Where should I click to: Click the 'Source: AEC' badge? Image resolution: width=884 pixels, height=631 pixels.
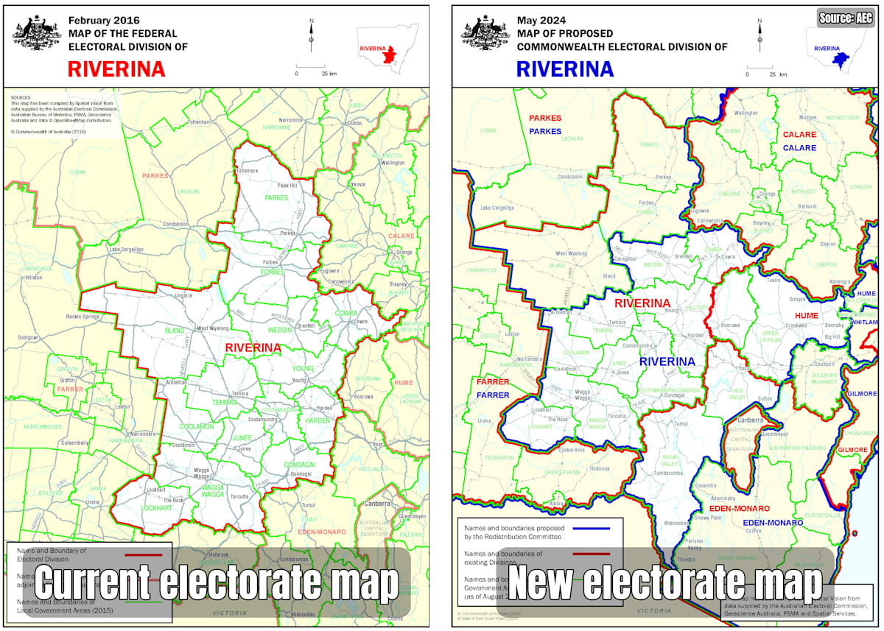[x=844, y=18]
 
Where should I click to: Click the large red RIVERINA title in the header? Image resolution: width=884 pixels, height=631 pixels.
[x=116, y=68]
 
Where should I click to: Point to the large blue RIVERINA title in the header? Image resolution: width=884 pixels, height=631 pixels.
[x=565, y=68]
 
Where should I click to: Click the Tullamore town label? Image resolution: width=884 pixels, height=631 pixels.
[x=246, y=171]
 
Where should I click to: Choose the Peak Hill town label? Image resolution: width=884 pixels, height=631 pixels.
[x=287, y=186]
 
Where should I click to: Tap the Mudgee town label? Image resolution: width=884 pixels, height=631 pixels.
[x=808, y=117]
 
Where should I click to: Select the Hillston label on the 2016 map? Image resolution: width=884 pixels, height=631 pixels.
[x=33, y=278]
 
